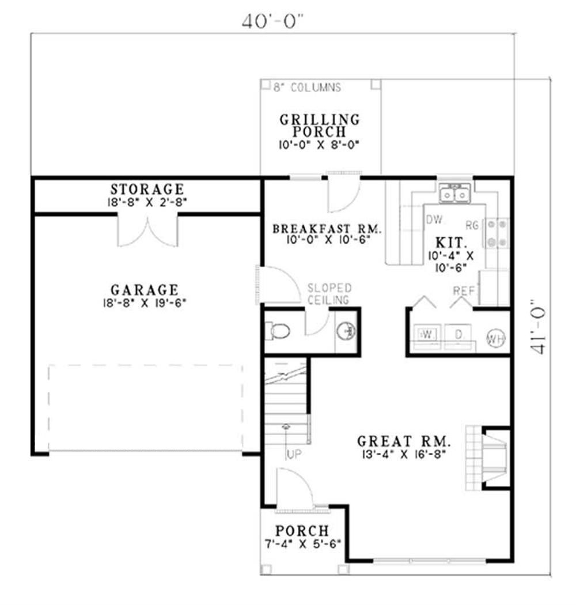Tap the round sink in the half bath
pos(346,331)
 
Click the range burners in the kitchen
pos(497,233)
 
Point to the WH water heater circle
pos(496,338)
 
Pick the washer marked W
pos(427,334)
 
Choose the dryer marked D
pos(458,334)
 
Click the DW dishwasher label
pos(435,220)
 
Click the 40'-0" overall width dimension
pos(272,22)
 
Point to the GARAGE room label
pos(145,290)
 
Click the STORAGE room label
pos(147,189)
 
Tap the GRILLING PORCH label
pos(320,126)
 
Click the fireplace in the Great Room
pos(488,458)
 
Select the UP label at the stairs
pos(294,455)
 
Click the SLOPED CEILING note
pos(329,294)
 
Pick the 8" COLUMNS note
pos(307,88)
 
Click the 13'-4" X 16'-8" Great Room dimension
pos(404,454)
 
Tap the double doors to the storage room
pos(148,231)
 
